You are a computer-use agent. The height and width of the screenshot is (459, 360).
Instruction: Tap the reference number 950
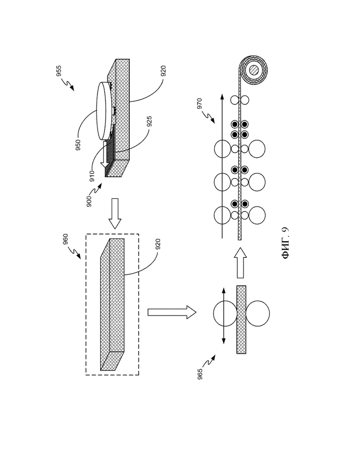pyautogui.click(x=78, y=145)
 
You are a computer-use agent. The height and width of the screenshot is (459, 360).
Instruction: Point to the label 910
pyautogui.click(x=92, y=176)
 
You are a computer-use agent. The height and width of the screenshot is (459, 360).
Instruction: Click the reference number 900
pyautogui.click(x=90, y=202)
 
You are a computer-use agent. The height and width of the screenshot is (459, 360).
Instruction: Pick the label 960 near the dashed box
pyautogui.click(x=66, y=239)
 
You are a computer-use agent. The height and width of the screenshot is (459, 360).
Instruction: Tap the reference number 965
pyautogui.click(x=200, y=374)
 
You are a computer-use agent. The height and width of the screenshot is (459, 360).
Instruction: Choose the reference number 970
pyautogui.click(x=199, y=104)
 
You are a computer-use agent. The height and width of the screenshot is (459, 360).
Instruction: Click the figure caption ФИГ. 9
pyautogui.click(x=286, y=244)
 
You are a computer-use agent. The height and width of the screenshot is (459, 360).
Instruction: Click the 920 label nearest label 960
pyautogui.click(x=158, y=244)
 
